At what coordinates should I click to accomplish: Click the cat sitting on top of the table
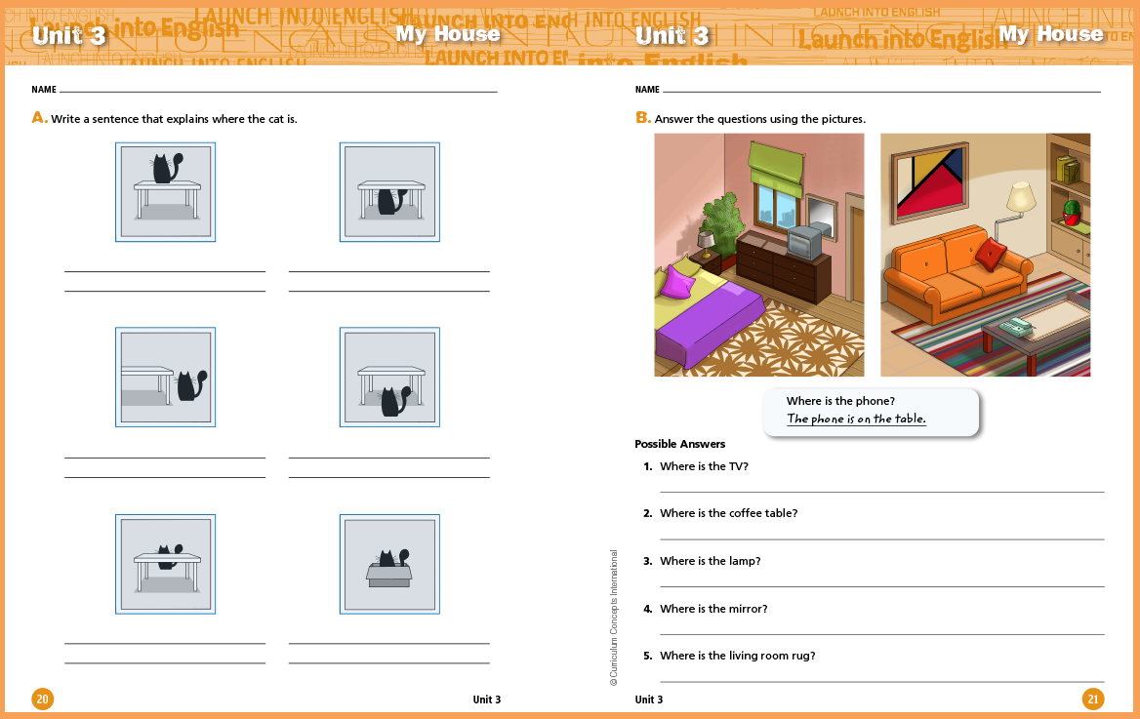tap(167, 168)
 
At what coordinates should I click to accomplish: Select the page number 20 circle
tap(43, 699)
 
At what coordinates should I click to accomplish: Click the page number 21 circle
tap(1093, 699)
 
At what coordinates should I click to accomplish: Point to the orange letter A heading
tap(39, 118)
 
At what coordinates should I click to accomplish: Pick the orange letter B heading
tap(642, 118)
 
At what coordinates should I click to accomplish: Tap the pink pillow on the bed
tap(677, 282)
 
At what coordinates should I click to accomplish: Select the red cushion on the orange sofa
tap(991, 254)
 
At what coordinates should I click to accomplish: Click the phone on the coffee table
tap(1016, 328)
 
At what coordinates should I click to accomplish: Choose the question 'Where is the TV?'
tap(704, 466)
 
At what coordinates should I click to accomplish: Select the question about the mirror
tap(713, 609)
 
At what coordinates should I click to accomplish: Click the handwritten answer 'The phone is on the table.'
tap(856, 419)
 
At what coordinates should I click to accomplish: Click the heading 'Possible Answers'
tap(679, 444)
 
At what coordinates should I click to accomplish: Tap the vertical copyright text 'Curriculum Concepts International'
tap(614, 618)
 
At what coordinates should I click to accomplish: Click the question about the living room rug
tap(737, 656)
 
